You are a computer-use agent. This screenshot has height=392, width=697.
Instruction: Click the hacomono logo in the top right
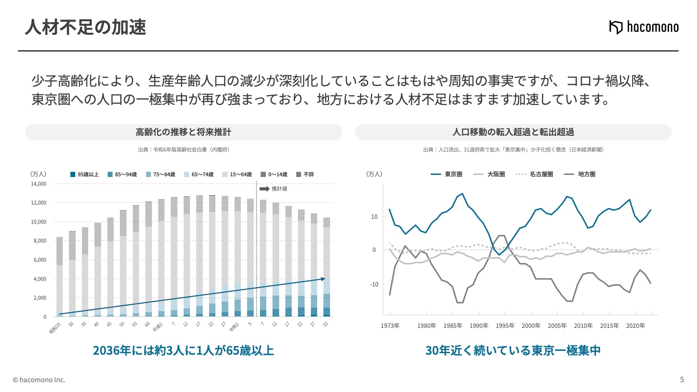tap(644, 27)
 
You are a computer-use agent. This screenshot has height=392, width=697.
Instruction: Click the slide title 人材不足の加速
tap(86, 27)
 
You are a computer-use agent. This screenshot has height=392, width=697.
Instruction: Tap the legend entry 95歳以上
tap(85, 174)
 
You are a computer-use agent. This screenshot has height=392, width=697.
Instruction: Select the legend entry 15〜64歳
tap(237, 174)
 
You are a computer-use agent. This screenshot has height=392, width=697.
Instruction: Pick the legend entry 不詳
tap(305, 174)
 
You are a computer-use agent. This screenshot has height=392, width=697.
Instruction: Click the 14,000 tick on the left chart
tap(39, 184)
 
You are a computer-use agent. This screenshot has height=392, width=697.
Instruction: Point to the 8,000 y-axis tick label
tap(40, 241)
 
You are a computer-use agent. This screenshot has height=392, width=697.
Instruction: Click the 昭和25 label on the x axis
tap(55, 328)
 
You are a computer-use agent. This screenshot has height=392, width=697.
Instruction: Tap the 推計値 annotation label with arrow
tap(274, 189)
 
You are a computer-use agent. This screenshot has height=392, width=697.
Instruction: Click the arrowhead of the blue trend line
tap(323, 279)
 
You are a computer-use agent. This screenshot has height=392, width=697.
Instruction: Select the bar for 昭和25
tap(60, 277)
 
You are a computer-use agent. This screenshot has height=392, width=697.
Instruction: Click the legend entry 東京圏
tap(446, 174)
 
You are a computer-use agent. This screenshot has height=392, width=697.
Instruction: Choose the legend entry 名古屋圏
tap(534, 174)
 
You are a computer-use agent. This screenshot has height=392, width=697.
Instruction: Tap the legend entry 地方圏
tap(580, 174)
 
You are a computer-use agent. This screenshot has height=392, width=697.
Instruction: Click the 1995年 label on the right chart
tap(505, 326)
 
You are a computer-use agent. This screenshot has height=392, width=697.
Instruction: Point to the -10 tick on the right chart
tap(374, 284)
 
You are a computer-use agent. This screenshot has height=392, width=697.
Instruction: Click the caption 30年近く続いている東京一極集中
tap(513, 351)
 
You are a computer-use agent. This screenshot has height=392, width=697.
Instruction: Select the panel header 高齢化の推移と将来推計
tap(184, 132)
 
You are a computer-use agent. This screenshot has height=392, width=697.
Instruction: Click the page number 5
tap(682, 380)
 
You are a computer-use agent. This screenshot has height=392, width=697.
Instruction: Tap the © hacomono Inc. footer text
tap(39, 380)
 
